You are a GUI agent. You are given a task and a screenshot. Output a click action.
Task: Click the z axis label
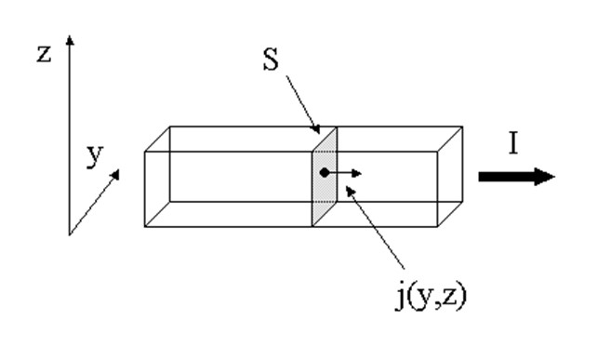click(x=44, y=54)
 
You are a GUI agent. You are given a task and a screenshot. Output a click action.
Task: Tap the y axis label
click(x=95, y=155)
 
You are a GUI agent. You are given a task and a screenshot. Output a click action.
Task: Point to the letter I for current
click(x=513, y=142)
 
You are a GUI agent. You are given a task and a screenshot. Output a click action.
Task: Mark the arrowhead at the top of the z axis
click(x=70, y=39)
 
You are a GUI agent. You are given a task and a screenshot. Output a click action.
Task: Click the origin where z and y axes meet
click(x=70, y=234)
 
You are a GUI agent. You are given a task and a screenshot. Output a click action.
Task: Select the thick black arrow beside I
click(x=517, y=177)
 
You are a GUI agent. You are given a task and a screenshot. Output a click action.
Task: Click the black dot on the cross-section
click(x=324, y=173)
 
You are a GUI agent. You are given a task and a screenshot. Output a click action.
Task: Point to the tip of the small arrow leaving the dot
click(x=361, y=173)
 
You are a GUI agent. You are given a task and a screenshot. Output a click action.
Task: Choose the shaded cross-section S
click(x=325, y=177)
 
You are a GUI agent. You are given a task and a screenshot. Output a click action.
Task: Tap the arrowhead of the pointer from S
click(x=319, y=132)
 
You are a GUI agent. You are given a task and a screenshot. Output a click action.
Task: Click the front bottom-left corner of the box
click(x=145, y=226)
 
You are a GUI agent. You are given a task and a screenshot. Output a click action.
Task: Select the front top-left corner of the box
click(x=145, y=151)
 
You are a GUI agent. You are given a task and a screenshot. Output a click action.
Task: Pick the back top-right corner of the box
click(x=462, y=127)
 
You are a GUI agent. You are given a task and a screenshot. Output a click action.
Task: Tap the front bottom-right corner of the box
click(x=437, y=226)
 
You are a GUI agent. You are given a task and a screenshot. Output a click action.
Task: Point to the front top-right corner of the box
click(x=437, y=151)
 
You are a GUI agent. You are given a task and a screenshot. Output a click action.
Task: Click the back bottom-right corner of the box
click(x=462, y=202)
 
